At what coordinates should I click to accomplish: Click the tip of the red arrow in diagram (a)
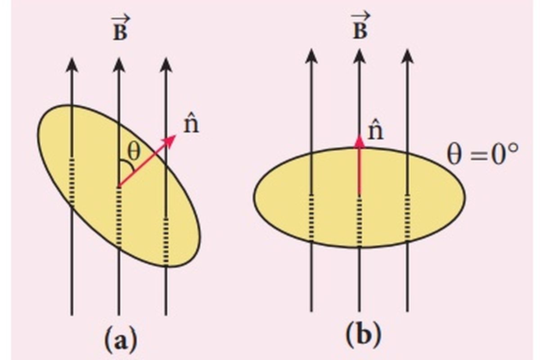(x=176, y=135)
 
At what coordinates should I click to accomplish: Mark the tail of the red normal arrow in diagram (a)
(x=118, y=187)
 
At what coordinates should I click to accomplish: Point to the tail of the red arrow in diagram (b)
(x=359, y=194)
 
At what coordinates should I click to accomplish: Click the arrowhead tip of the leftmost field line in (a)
(x=72, y=58)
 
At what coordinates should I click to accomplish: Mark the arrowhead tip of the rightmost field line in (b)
(x=407, y=49)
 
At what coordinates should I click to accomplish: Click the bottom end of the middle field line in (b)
(x=359, y=311)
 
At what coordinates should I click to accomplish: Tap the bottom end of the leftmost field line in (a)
(x=72, y=315)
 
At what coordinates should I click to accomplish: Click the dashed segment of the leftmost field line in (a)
(x=72, y=180)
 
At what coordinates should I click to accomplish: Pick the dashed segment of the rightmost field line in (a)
(x=166, y=241)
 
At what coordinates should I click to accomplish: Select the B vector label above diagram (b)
(x=360, y=26)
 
